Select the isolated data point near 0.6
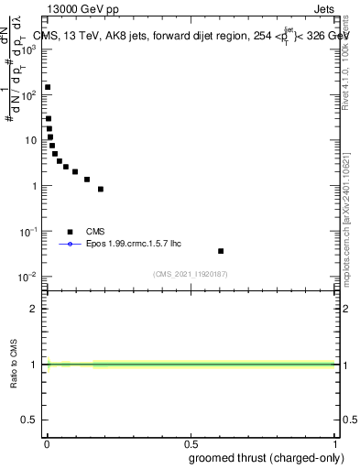pos(221,251)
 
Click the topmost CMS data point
pos(48,87)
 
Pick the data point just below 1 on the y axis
pos(101,190)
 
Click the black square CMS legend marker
pos(70,232)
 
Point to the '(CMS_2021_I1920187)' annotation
pos(191,273)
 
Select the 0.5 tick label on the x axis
pos(191,443)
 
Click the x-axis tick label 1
pos(334,443)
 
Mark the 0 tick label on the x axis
pos(47,443)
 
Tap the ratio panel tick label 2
pos(34,309)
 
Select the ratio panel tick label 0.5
pos(29,420)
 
